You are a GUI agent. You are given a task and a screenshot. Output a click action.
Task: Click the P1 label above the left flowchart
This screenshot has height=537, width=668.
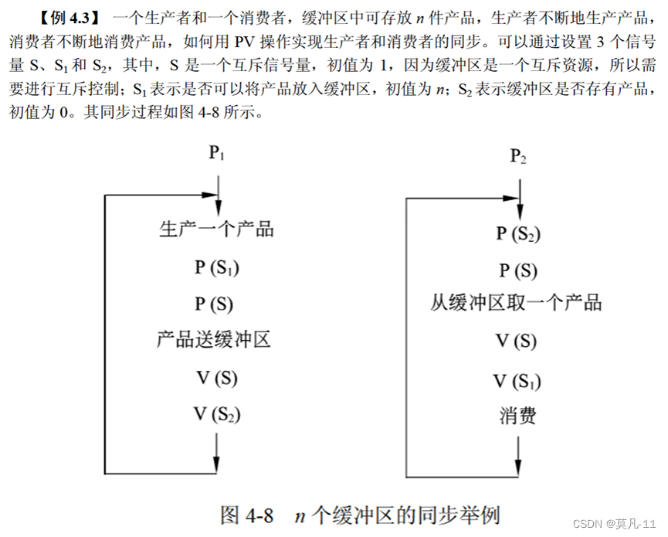217,153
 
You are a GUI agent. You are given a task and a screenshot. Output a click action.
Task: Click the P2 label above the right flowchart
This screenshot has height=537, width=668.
519,157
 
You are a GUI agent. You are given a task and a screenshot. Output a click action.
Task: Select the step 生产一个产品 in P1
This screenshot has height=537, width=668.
216,229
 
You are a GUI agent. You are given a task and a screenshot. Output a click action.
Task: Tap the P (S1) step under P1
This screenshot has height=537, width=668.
217,267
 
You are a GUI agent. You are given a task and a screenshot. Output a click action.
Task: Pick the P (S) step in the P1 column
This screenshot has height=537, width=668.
214,304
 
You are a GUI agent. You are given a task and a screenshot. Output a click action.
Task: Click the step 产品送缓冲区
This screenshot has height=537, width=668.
214,340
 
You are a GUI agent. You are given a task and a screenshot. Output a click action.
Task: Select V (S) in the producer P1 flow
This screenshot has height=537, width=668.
215,378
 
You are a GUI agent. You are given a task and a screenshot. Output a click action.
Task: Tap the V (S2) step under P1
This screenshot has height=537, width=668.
217,415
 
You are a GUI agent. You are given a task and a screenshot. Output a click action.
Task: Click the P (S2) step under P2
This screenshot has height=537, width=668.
518,233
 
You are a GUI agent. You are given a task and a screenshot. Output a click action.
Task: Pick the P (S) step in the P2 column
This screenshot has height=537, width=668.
518,270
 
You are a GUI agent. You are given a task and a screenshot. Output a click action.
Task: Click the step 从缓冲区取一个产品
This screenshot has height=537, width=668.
516,302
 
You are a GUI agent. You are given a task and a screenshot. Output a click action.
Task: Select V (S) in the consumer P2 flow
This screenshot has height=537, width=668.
516,341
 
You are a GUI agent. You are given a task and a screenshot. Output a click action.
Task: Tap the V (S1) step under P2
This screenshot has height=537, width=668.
517,381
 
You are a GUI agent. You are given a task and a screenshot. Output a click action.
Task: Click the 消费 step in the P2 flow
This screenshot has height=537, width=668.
517,416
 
